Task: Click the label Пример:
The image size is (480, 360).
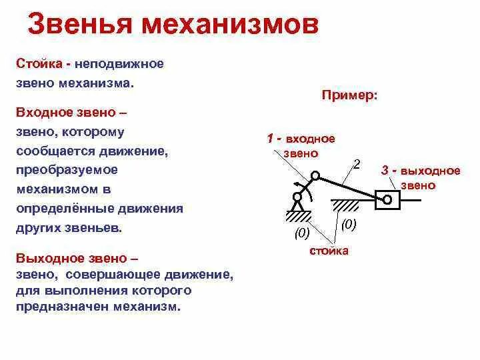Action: [x=349, y=95]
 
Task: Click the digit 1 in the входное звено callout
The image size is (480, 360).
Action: [x=270, y=139]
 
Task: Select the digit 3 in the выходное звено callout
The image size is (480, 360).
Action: [x=385, y=171]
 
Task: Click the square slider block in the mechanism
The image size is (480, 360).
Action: [x=387, y=199]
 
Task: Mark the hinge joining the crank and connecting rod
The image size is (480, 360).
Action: [x=315, y=176]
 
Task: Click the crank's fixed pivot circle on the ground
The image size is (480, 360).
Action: [x=296, y=197]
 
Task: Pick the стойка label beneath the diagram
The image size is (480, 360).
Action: [x=329, y=251]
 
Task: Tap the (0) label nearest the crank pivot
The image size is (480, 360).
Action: [x=302, y=233]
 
